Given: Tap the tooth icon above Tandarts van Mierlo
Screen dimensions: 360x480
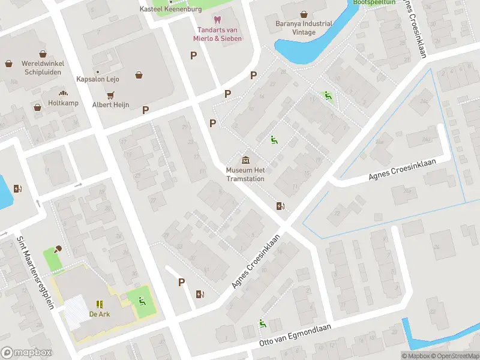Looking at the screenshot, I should [x=217, y=21].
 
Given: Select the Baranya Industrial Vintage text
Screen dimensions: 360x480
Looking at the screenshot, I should [x=304, y=28].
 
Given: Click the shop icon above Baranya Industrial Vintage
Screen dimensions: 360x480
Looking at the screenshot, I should [x=304, y=14].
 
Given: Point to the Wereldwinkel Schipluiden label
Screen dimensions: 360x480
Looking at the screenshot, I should [x=43, y=68].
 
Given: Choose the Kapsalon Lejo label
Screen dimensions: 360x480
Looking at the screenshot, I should [x=98, y=79].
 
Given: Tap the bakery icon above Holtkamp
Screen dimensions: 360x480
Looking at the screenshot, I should [x=63, y=93].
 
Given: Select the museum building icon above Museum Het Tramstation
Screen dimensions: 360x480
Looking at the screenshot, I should [x=246, y=160].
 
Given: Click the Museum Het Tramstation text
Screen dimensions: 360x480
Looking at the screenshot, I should [x=246, y=174].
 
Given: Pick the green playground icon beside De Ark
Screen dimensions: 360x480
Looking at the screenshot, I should [x=142, y=301].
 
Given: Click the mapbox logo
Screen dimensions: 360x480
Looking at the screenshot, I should [x=26, y=353].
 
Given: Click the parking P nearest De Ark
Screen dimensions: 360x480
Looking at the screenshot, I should [x=181, y=283].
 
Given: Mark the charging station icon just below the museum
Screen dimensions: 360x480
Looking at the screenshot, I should [x=280, y=206].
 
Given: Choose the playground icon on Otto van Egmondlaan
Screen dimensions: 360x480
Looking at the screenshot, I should [x=262, y=324].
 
